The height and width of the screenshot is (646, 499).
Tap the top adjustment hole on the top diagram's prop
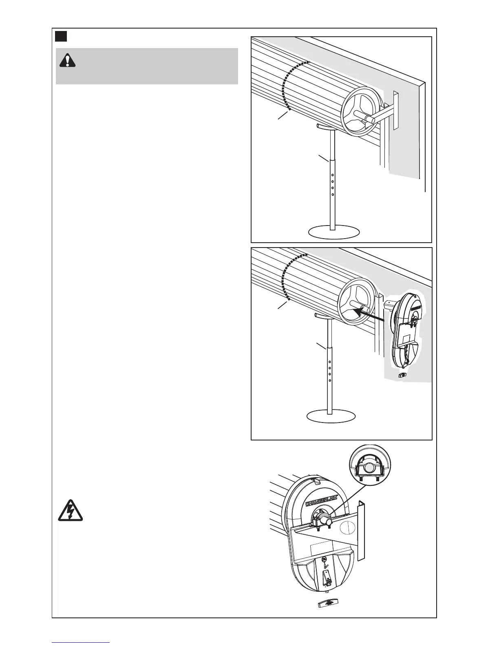pyautogui.click(x=333, y=175)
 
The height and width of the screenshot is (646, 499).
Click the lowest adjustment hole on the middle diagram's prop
pyautogui.click(x=330, y=380)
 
